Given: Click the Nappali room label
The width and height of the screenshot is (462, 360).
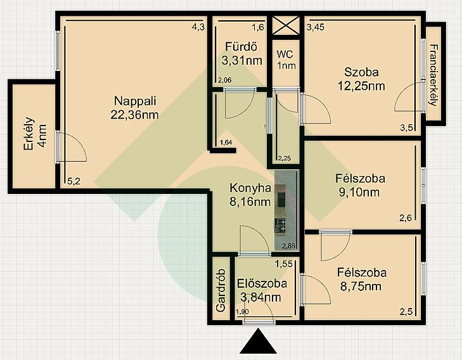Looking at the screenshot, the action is coord(135,101).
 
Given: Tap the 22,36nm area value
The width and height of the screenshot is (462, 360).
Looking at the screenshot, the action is coord(134,115).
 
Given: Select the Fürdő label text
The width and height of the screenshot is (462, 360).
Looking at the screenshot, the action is coord(241,46).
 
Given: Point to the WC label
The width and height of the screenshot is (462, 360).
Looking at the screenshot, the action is coord(285,55).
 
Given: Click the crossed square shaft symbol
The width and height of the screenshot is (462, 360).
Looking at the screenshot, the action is coord(286,25).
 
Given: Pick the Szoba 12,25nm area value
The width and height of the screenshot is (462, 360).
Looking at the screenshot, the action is coord(361,86).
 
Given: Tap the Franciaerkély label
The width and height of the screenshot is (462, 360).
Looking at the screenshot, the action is coord(433,75).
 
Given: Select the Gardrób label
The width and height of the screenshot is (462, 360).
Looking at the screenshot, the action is coord(221,290).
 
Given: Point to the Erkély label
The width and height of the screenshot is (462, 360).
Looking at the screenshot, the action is coord(29,134).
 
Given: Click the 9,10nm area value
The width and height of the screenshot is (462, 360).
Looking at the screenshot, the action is coord(359,193).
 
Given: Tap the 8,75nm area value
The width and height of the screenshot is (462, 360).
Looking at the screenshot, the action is coord(361,286).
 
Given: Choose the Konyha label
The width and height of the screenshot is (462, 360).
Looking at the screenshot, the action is coord(250,188).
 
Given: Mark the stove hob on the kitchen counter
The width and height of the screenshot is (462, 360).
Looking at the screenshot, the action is coord(279,226).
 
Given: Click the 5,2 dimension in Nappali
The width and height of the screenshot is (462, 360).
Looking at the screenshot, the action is coord(74,181).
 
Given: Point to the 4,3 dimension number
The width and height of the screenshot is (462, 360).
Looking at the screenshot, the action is coord(198,27).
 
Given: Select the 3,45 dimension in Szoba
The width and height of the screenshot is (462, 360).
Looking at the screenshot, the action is coord(316,27).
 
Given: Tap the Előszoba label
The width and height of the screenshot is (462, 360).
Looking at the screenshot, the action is coord(262,283).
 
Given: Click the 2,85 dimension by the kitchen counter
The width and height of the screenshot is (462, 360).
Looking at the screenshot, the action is coord(289,246).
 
